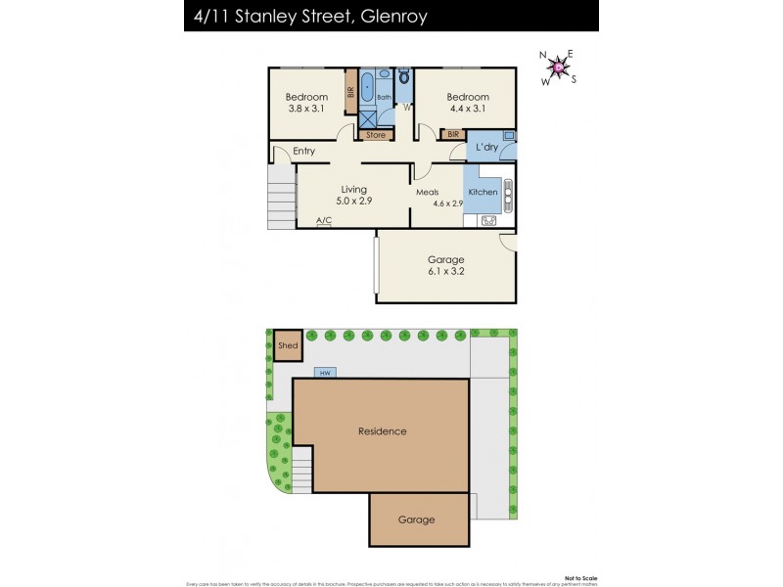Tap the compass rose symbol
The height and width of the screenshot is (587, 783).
(559, 67)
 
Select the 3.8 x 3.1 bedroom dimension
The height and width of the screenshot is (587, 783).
(305, 109)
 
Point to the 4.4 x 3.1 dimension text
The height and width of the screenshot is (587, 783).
(467, 109)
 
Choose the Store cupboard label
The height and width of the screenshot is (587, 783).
(376, 135)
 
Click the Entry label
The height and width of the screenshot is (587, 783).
(303, 151)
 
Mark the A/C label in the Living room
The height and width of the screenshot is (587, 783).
(324, 221)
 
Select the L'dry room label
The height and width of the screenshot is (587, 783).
(486, 148)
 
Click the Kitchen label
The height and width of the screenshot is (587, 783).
(483, 192)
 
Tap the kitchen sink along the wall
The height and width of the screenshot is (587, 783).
(488, 221)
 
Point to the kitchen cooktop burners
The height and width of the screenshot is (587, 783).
(507, 192)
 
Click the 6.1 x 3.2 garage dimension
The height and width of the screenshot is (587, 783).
(445, 271)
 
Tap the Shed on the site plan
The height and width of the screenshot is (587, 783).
(288, 345)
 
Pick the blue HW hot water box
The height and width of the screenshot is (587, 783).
(324, 373)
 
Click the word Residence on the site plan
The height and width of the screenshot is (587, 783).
(382, 430)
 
